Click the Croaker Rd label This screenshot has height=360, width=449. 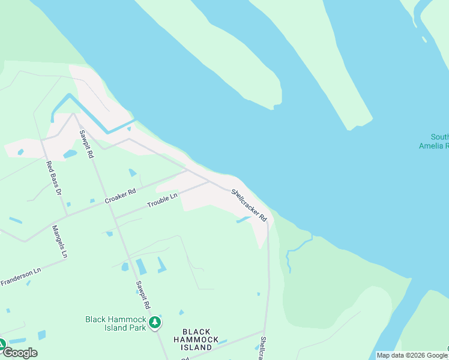point(120,196)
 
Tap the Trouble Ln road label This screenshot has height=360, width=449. point(163,201)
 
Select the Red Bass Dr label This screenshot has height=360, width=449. point(54,179)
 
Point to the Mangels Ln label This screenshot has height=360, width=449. point(60,241)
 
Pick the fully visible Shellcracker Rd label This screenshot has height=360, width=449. point(249,205)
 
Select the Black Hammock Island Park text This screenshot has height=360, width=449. point(116,323)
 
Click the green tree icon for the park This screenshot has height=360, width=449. point(155,323)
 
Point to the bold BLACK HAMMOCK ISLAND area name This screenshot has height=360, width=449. point(196,339)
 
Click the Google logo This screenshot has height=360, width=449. point(19,353)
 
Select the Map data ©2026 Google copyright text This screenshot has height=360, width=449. point(412,355)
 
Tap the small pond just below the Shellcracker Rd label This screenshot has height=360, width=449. point(242,220)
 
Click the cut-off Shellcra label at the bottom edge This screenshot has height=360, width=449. point(263,349)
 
